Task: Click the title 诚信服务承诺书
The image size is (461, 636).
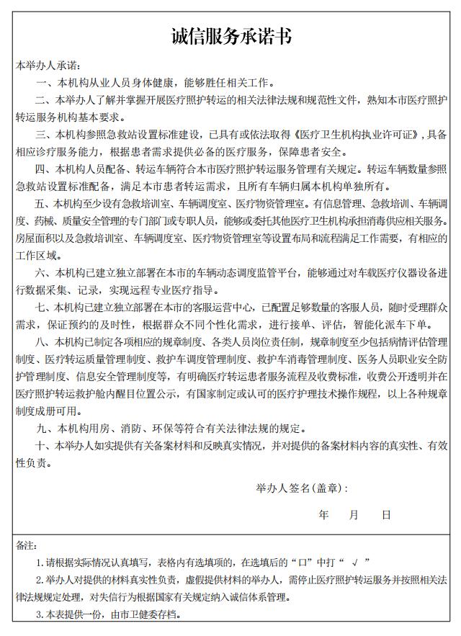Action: pyautogui.click(x=230, y=36)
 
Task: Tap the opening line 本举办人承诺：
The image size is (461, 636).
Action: pyautogui.click(x=50, y=66)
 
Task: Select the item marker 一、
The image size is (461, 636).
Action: pyautogui.click(x=42, y=83)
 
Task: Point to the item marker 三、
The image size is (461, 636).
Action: pyautogui.click(x=42, y=135)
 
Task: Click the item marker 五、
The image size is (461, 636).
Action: pyautogui.click(x=42, y=204)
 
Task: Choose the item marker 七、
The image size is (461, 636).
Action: pyautogui.click(x=42, y=308)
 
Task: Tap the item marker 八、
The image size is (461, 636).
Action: pyautogui.click(x=42, y=341)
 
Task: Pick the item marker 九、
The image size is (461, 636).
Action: pyautogui.click(x=42, y=429)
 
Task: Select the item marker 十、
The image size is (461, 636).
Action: pyautogui.click(x=42, y=446)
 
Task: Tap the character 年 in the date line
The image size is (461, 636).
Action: pyautogui.click(x=324, y=515)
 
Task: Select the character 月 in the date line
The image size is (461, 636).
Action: pyautogui.click(x=354, y=515)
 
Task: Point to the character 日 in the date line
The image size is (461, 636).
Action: pyautogui.click(x=386, y=515)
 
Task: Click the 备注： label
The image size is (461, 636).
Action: pyautogui.click(x=26, y=545)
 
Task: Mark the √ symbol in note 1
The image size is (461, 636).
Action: pyautogui.click(x=356, y=563)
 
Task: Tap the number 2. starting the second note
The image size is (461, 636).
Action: pyautogui.click(x=40, y=580)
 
